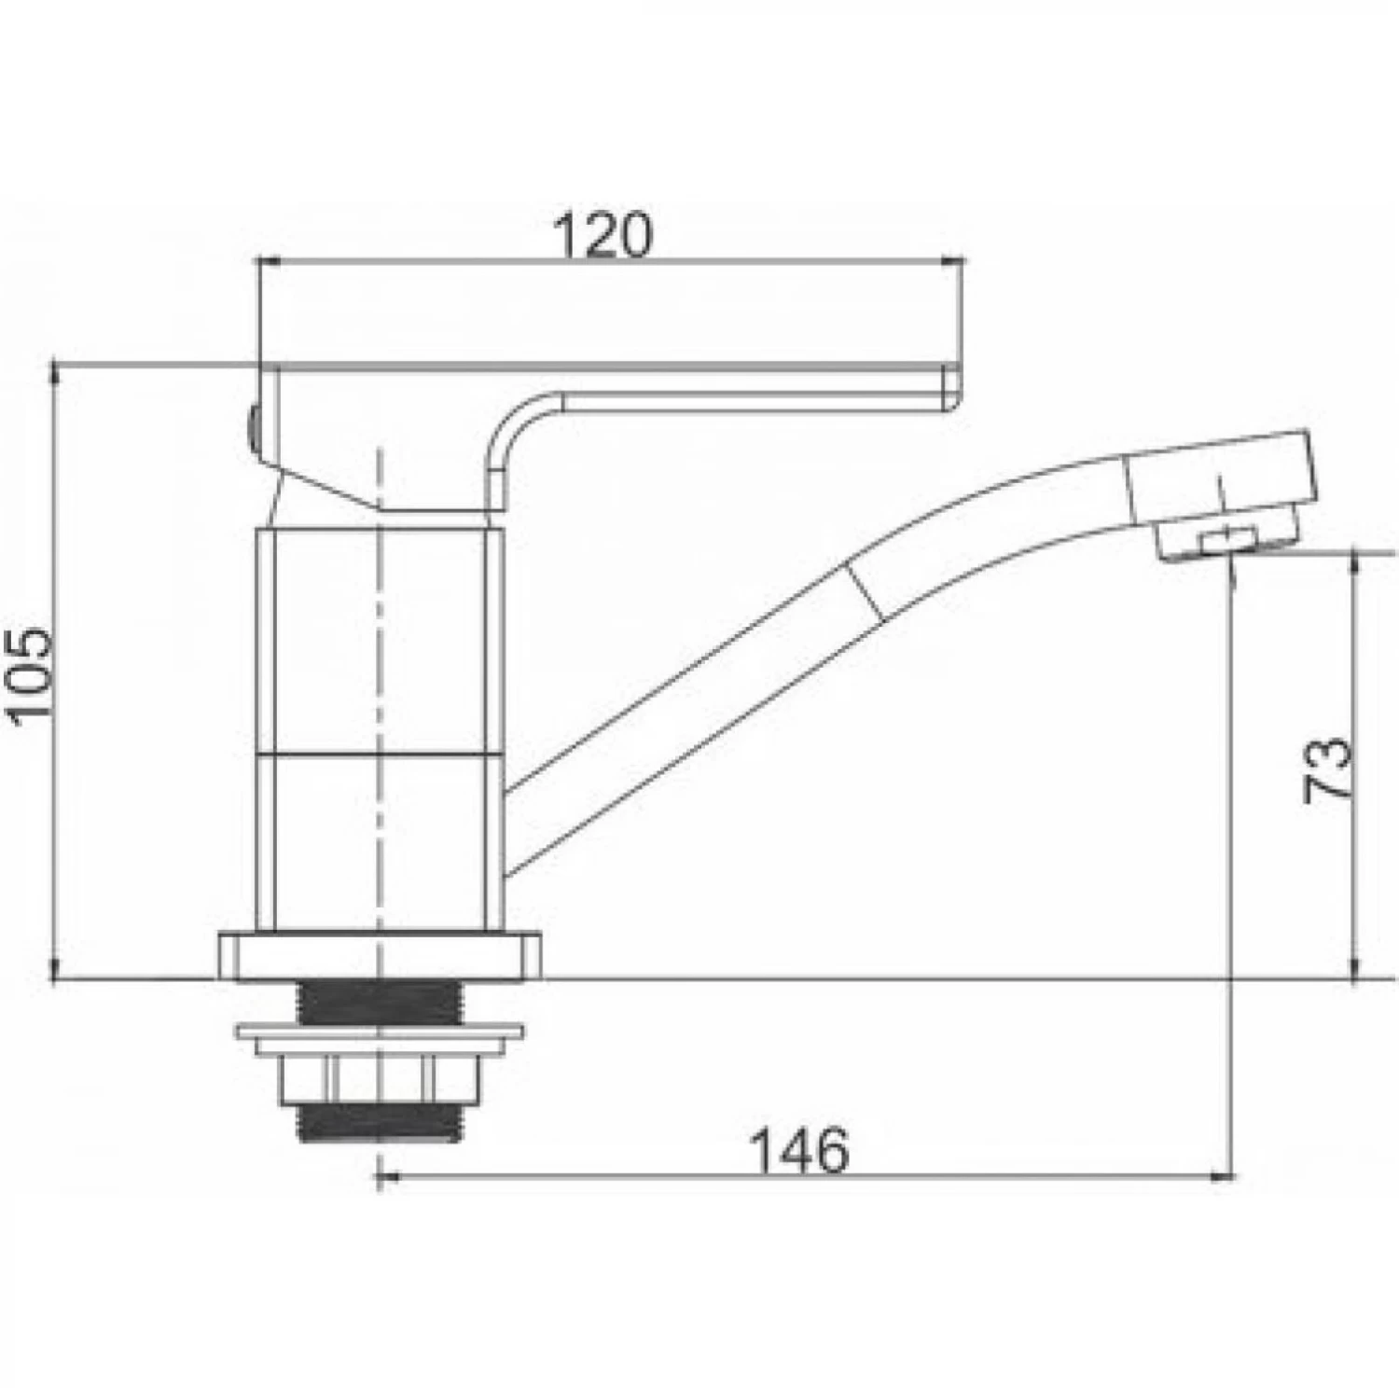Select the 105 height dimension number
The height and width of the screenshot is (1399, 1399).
point(30,672)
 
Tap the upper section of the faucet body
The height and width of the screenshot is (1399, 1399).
point(381,640)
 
